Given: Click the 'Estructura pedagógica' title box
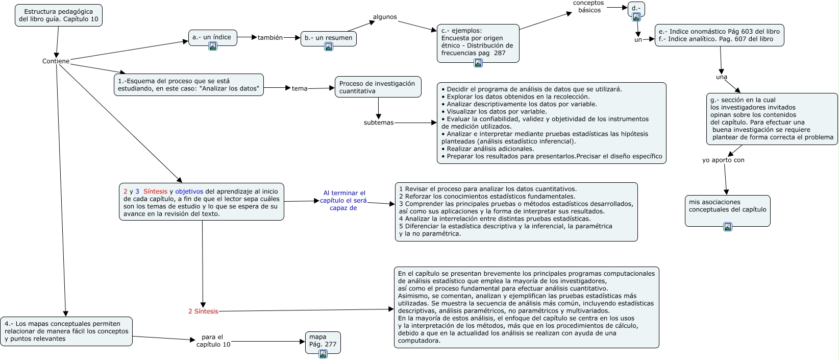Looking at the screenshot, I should coord(58,15).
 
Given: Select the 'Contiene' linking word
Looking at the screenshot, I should coord(56,61).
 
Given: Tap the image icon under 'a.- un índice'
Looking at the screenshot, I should coord(213,46).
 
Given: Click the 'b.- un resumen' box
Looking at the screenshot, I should coord(328,38).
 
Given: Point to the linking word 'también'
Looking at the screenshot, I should coord(270,38).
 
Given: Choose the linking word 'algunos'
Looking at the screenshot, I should coord(385,17).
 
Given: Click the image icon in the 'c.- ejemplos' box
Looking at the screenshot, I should coord(478,63).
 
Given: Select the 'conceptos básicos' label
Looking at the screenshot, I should coord(588,7).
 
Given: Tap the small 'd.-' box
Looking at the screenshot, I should coord(636,8).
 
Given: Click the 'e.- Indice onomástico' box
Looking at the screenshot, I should coord(719,35).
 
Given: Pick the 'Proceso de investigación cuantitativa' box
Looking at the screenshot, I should coord(378,87).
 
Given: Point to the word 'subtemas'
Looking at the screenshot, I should coord(379,123).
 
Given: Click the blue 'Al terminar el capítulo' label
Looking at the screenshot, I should coord(343,200).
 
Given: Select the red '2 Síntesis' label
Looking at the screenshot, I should coord(203,311).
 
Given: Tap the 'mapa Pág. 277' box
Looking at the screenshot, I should coord(323,341).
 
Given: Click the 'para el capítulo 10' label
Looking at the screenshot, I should coord(213,341).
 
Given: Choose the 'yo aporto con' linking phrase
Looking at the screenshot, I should coord(723,160).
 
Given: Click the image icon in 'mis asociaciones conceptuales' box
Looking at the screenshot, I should coord(728,227).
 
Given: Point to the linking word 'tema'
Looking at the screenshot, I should coord(300,88).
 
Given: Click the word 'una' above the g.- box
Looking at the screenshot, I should coord(721,77).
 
